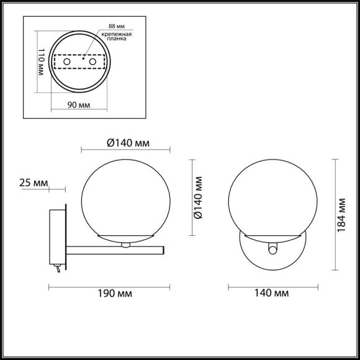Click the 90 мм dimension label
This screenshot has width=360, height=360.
coord(78,104)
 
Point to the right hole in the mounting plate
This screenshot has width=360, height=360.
coord(92,63)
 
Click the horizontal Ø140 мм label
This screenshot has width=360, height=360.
coord(127,143)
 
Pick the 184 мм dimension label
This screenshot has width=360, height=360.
coord(341,214)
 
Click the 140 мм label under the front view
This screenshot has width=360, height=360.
coord(273,292)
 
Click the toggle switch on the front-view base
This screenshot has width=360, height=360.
coord(271,249)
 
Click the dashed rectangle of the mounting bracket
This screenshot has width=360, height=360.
coord(78,63)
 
